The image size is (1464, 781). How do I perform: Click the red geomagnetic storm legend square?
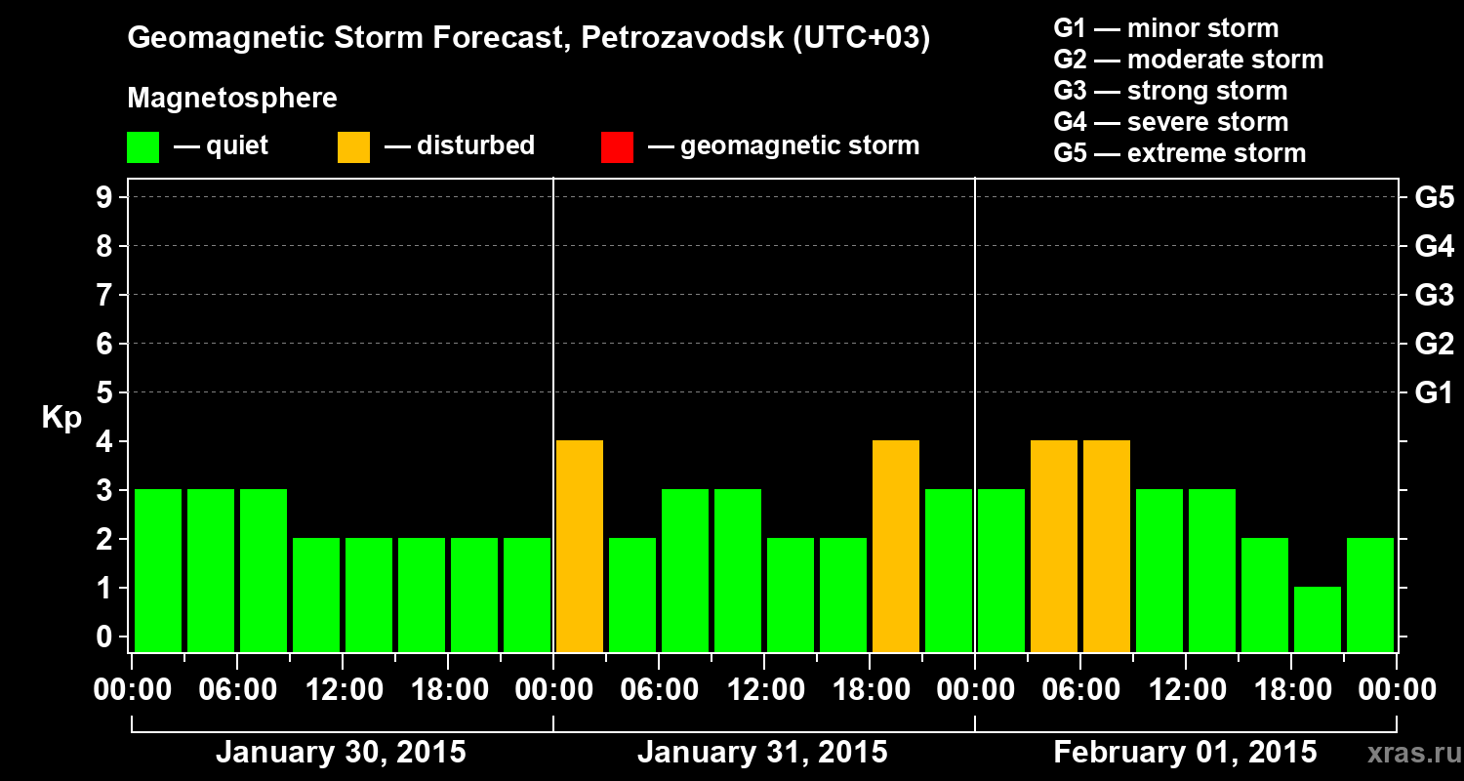click(617, 146)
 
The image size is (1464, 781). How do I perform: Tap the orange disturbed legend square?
click(353, 146)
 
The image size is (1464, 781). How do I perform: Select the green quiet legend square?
click(142, 146)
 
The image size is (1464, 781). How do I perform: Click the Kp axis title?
click(61, 418)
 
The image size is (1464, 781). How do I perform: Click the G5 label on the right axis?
click(1434, 197)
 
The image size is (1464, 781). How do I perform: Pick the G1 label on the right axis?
click(1434, 392)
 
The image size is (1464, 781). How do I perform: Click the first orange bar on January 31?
click(580, 546)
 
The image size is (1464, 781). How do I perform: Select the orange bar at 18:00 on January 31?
click(896, 546)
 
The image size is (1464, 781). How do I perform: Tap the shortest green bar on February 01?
click(1318, 619)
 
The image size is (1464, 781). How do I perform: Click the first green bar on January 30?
click(158, 570)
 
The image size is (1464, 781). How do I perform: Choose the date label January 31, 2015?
click(762, 753)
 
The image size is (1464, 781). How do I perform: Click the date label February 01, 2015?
click(1185, 753)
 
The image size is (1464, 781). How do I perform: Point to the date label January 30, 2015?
click(341, 753)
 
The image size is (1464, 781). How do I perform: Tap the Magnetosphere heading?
click(232, 99)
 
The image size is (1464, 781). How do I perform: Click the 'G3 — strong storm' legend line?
click(1170, 91)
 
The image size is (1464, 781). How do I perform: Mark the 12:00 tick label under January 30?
click(344, 689)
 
